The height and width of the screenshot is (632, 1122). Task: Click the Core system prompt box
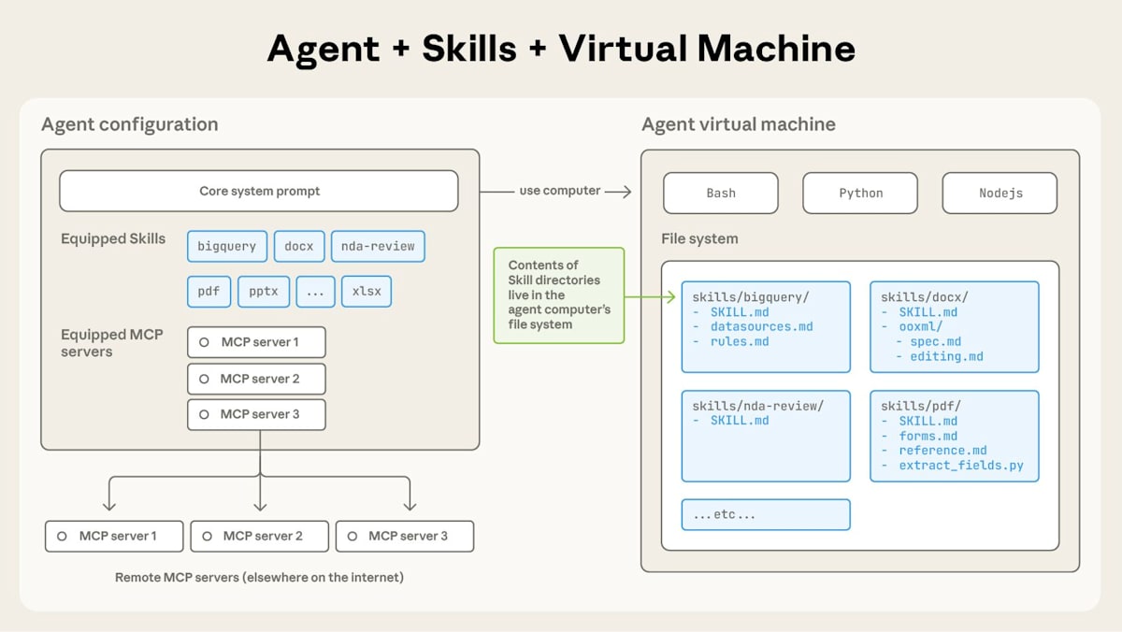pos(259,191)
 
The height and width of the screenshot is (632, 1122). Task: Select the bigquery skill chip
pos(227,246)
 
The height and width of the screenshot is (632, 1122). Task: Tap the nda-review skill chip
pos(378,246)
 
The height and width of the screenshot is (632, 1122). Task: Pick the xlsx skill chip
pos(367,291)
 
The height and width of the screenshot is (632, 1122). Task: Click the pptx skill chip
pos(264,291)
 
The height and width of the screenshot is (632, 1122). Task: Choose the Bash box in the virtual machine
pos(720,193)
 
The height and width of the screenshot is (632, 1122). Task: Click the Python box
pos(860,193)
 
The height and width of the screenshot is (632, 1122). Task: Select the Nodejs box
pos(1000,193)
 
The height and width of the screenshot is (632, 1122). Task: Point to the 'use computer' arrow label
pos(559,191)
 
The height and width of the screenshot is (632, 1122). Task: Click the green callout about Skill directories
pos(558,294)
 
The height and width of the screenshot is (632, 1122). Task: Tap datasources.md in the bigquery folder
pos(761,326)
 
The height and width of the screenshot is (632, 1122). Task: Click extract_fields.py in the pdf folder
pos(961,465)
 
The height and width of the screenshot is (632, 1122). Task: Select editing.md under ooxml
pos(946,356)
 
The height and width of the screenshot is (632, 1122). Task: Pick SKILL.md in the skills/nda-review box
pos(740,421)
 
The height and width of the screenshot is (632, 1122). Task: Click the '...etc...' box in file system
pos(766,514)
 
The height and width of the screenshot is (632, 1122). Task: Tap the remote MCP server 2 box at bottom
pos(259,536)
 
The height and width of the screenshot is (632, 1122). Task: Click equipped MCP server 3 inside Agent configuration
pos(256,414)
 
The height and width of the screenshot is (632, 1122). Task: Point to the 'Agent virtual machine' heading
pos(738,124)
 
